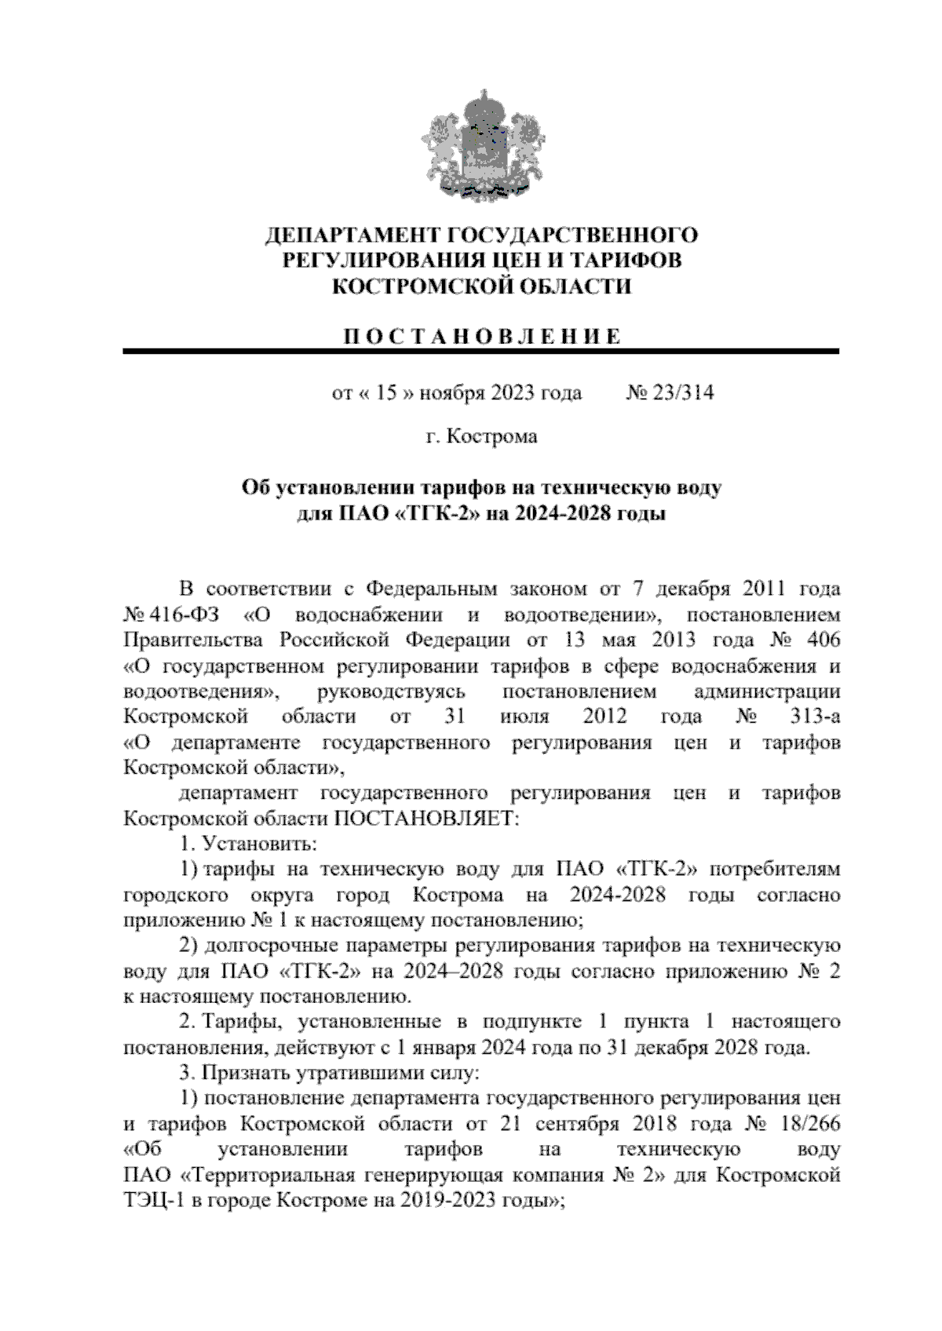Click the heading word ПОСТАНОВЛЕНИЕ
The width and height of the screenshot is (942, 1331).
[x=481, y=337]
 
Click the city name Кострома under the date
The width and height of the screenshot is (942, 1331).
[x=492, y=436]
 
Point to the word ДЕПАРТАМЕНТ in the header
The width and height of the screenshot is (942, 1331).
[x=353, y=235]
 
